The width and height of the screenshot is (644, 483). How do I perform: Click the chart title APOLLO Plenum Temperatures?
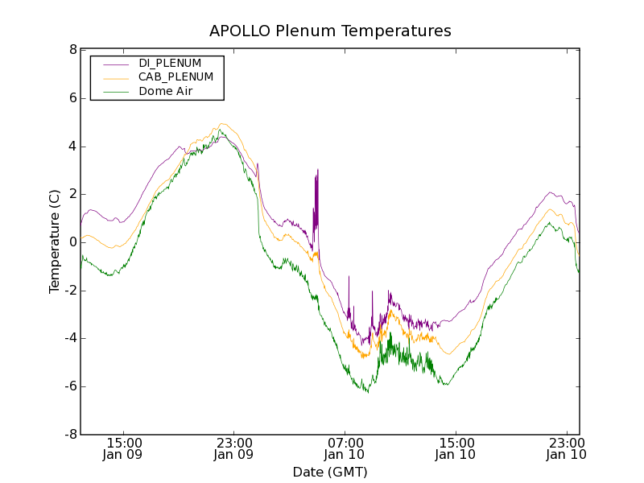[x=330, y=31]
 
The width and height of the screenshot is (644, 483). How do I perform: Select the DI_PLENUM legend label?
[x=170, y=63]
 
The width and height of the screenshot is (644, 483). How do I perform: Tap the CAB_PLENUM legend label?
[x=175, y=77]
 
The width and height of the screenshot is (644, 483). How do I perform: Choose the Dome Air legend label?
[x=166, y=92]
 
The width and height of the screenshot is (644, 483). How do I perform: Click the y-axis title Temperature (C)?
[x=55, y=242]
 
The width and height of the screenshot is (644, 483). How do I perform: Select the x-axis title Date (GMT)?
[x=330, y=472]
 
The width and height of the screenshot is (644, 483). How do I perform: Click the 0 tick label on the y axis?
[x=73, y=242]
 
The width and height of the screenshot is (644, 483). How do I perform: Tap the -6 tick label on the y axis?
[x=71, y=386]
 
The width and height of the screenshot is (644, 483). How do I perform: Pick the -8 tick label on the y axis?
[x=71, y=435]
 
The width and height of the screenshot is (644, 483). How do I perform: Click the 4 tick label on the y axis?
[x=73, y=147]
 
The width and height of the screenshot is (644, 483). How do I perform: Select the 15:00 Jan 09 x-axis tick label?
[x=124, y=448]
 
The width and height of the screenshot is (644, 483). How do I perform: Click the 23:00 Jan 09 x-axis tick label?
[x=234, y=448]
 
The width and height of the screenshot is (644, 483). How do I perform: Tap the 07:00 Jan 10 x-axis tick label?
[x=345, y=448]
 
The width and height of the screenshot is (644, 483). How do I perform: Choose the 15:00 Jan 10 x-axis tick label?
[x=455, y=448]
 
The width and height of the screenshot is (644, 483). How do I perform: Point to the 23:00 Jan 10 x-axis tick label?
[x=565, y=448]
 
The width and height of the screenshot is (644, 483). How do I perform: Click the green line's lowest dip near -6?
[x=367, y=391]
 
